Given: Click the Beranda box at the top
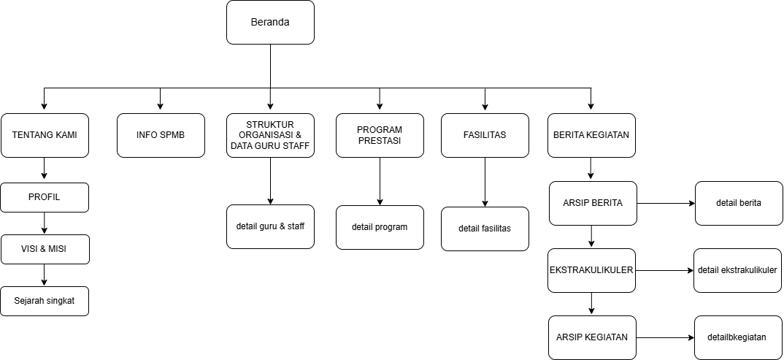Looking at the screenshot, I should coord(270,22).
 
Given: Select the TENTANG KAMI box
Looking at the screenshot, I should coord(45,135).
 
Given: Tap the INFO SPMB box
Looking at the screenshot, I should coord(161,135).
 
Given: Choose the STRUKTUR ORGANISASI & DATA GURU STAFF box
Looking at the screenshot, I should coord(270,135).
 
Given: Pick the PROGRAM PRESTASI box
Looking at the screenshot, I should coord(380,135).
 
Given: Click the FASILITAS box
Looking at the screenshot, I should coord(485,135).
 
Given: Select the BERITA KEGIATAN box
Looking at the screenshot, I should coord(591,135).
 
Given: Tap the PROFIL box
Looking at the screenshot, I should coord(45,197).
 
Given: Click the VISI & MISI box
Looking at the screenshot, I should coord(45,249).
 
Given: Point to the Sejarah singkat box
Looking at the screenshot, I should coord(45,301).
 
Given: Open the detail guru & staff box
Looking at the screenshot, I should coord(270,226).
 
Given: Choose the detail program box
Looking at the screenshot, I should coord(380,227).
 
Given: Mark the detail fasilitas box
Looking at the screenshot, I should coord(485,229).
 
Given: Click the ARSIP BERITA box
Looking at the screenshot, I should coord(593,203).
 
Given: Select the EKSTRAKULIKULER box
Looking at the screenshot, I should coord(591,270).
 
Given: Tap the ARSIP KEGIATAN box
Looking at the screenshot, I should coord(592,337).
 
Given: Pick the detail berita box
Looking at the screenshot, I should coord(739,203).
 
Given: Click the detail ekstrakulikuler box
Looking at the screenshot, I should coord(737,270).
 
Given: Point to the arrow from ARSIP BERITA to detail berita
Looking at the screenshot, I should coord(666,203).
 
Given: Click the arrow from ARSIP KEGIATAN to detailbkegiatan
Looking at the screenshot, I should coord(665,337).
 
